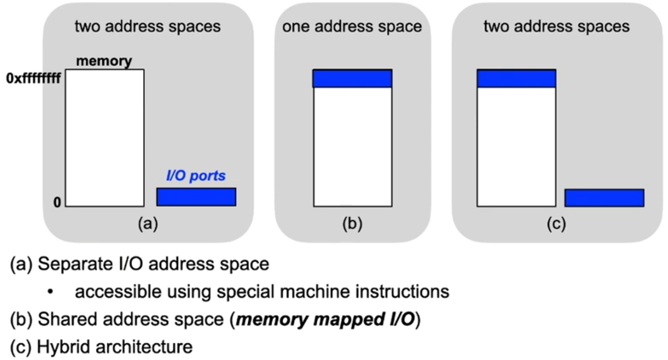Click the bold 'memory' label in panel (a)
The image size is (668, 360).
coord(104,61)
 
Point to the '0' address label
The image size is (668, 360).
coord(56,203)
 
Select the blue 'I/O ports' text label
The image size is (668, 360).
coord(195,176)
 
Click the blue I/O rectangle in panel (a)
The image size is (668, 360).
coord(196,197)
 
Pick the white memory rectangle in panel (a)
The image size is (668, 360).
coord(105,138)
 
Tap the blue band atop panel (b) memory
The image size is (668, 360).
coord(353,78)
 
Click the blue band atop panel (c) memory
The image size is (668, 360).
coord(516,78)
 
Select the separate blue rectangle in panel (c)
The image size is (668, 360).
coord(604,198)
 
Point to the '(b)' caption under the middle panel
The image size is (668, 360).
coord(353,224)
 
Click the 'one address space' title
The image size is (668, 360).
coord(353,26)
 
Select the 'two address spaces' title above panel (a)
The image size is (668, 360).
coord(148,26)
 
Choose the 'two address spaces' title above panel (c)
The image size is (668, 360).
coord(556,26)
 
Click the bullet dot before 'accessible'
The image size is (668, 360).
coord(50,292)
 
